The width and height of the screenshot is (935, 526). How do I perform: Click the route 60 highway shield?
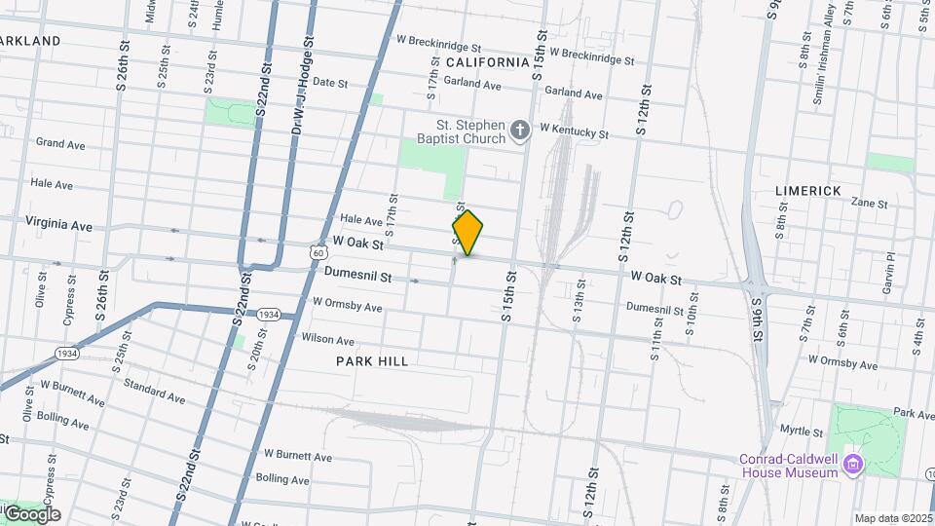pyautogui.click(x=318, y=251)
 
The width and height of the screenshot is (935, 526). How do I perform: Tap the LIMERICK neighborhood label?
pyautogui.click(x=807, y=191)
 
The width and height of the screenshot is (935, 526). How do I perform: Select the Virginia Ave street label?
pyautogui.click(x=59, y=225)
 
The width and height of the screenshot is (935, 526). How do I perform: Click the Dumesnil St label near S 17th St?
pyautogui.click(x=357, y=277)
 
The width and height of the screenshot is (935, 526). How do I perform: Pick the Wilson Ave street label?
pyautogui.click(x=328, y=340)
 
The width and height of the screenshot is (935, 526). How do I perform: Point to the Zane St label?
pyautogui.click(x=869, y=204)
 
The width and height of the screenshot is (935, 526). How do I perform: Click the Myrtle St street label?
pyautogui.click(x=802, y=430)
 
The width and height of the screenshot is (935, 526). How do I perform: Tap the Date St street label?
pyautogui.click(x=330, y=84)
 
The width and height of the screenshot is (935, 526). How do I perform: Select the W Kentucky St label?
pyautogui.click(x=574, y=130)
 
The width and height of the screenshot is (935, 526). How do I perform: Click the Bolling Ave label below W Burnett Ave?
pyautogui.click(x=282, y=478)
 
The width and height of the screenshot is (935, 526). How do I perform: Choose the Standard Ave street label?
pyautogui.click(x=154, y=391)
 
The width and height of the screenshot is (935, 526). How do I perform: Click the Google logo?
pyautogui.click(x=31, y=514)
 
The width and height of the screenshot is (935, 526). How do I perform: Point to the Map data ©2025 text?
pyautogui.click(x=893, y=518)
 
